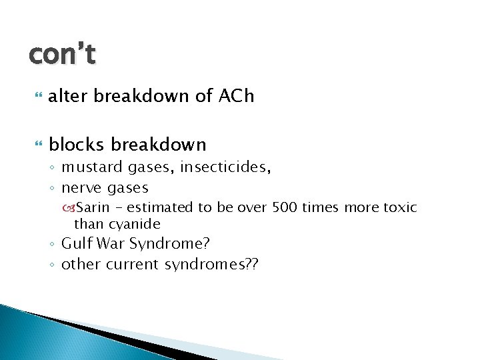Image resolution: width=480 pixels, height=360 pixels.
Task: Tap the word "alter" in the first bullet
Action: pos(69,96)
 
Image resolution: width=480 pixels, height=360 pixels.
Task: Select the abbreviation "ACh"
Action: pos(236,96)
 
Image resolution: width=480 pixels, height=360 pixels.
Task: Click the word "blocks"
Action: pos(77,144)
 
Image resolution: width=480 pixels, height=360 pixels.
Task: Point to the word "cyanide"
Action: pos(136,224)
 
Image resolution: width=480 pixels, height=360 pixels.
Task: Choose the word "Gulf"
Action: pos(75,244)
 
